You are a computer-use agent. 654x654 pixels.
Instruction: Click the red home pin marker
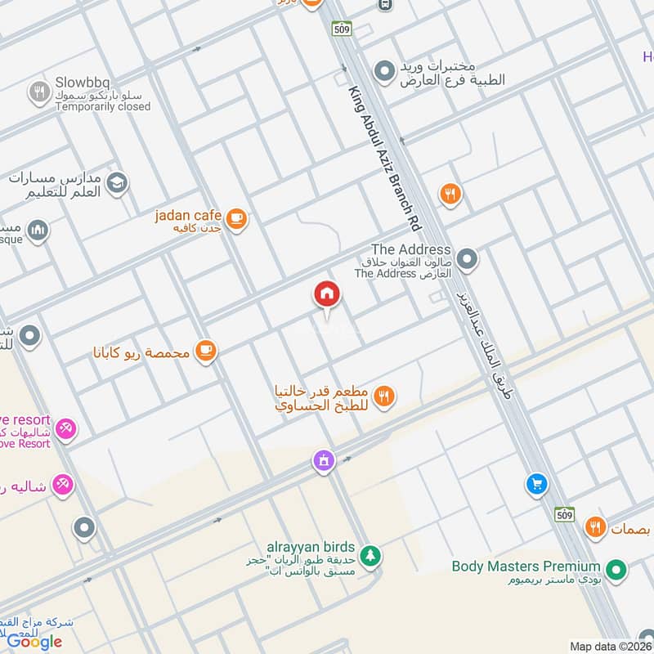click(327, 294)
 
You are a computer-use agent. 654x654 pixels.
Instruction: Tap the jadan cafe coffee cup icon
click(236, 217)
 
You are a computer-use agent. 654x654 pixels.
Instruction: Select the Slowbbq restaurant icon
click(38, 92)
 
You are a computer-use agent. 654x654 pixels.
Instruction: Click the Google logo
click(34, 642)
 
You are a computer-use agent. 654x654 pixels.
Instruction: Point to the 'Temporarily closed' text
click(103, 106)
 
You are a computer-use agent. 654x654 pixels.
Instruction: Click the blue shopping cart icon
click(537, 485)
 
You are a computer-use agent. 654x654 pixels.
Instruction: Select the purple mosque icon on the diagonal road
click(325, 462)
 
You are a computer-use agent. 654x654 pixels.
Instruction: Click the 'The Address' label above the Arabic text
click(411, 249)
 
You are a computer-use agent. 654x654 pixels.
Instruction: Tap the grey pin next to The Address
click(467, 261)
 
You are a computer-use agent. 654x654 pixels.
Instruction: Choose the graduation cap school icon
click(117, 182)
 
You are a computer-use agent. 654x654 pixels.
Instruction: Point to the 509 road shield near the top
click(343, 29)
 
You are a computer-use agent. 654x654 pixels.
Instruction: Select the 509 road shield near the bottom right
click(564, 514)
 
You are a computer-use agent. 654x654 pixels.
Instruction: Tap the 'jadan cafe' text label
click(188, 215)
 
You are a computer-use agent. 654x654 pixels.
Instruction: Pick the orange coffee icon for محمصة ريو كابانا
click(205, 352)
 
